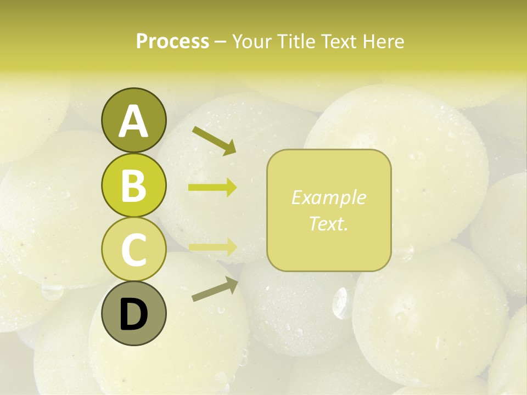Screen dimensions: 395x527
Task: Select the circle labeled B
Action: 133,185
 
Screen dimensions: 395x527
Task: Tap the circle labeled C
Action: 133,249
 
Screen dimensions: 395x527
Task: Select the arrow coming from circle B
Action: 212,188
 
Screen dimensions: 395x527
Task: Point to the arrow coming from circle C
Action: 212,246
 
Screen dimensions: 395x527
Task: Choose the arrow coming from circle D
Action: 215,289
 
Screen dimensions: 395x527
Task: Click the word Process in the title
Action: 172,41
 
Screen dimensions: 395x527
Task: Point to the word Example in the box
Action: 328,198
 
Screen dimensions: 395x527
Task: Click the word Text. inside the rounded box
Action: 328,224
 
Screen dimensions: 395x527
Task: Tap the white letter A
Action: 133,122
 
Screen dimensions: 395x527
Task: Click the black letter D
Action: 133,315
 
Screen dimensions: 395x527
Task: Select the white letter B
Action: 133,185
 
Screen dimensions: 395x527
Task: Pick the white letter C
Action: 133,250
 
